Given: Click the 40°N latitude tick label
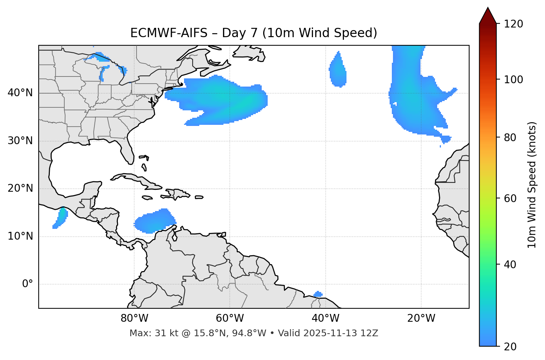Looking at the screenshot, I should point(20,93).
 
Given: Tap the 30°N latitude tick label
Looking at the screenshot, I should point(20,141).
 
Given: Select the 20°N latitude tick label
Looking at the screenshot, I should point(20,188).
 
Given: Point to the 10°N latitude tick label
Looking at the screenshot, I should point(20,236).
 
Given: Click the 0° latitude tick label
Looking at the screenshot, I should point(28,284).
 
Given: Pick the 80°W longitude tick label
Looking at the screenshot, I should point(134,318).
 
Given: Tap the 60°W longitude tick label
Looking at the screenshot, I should point(230,318).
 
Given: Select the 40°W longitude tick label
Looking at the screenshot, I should point(326,318).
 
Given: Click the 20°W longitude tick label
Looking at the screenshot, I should point(421,318).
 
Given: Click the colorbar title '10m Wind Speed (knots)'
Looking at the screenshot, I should point(532,185).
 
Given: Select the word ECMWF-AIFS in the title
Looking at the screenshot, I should point(169,33).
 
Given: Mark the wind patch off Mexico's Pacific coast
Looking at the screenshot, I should point(61,218).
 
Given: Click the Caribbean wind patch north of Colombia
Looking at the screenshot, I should point(155,221).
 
